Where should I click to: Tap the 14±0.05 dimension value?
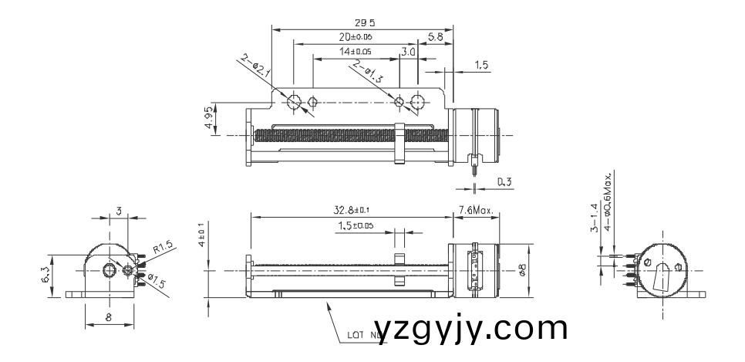(x=355, y=51)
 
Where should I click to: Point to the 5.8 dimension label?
(x=434, y=36)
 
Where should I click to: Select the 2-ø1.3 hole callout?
(x=367, y=73)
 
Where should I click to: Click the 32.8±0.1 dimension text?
(x=351, y=210)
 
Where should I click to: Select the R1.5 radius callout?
(x=163, y=248)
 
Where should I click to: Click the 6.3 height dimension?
(x=46, y=275)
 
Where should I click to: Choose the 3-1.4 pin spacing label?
(x=595, y=218)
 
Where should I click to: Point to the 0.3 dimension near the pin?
(x=505, y=182)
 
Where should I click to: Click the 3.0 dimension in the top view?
(x=409, y=51)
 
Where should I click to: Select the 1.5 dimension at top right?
(x=482, y=66)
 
